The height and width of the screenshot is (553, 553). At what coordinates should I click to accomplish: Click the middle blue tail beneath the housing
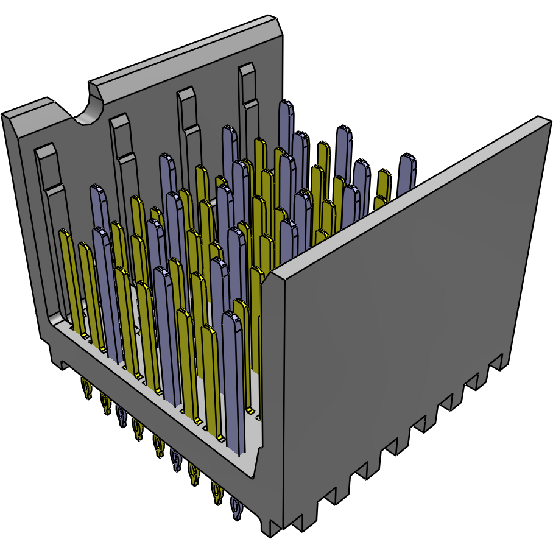pos(175,459)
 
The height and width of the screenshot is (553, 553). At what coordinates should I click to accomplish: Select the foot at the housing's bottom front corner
pos(274,527)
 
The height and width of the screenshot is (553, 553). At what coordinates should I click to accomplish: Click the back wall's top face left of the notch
pos(37,107)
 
